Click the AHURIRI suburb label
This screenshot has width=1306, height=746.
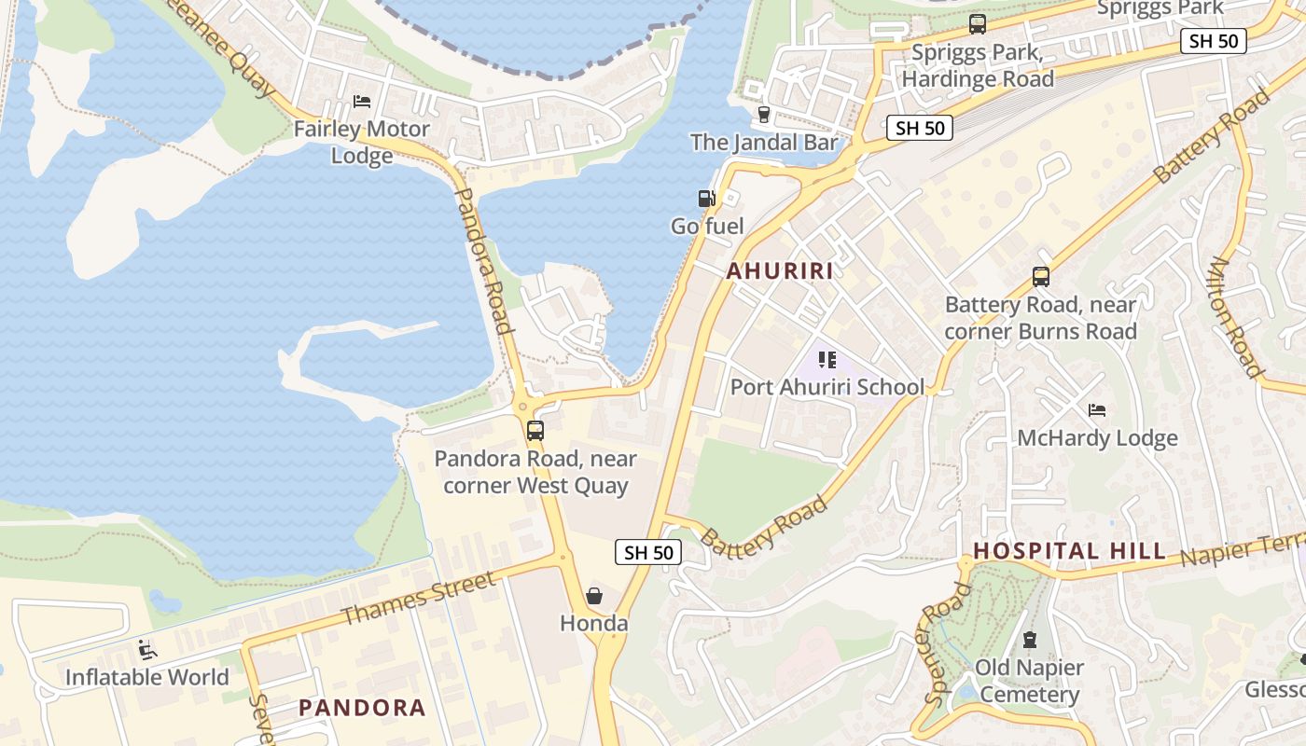pyautogui.click(x=779, y=271)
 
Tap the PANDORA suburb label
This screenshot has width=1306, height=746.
pyautogui.click(x=362, y=708)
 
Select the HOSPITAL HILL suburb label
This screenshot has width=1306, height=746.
pyautogui.click(x=1069, y=551)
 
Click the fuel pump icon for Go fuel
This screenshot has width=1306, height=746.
pyautogui.click(x=707, y=199)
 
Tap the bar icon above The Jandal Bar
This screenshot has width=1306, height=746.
pyautogui.click(x=764, y=115)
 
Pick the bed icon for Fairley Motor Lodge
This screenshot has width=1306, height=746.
pyautogui.click(x=362, y=101)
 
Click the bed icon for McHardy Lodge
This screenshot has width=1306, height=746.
pyautogui.click(x=1097, y=410)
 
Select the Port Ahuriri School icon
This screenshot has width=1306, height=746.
pyautogui.click(x=827, y=359)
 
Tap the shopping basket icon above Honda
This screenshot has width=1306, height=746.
pyautogui.click(x=593, y=595)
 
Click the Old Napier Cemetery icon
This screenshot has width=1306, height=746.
pyautogui.click(x=1030, y=640)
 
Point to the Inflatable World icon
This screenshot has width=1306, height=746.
pyautogui.click(x=146, y=649)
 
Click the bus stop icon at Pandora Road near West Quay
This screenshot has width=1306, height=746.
pyautogui.click(x=535, y=431)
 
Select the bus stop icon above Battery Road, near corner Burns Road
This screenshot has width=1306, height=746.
pyautogui.click(x=1040, y=277)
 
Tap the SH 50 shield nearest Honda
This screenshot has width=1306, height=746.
pyautogui.click(x=648, y=552)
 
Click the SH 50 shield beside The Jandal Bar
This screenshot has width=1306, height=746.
pyautogui.click(x=920, y=129)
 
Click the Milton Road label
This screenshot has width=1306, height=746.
pyautogui.click(x=1235, y=316)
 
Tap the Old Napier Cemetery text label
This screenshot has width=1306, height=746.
pyautogui.click(x=1029, y=682)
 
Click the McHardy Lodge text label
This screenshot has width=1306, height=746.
pyautogui.click(x=1097, y=438)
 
